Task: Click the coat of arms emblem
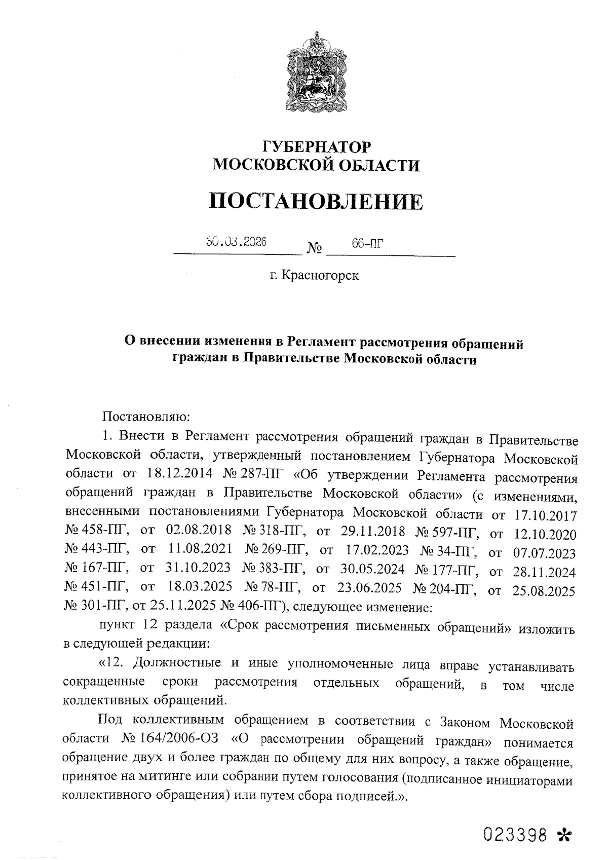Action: click(317, 71)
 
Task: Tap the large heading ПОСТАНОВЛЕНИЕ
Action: click(316, 201)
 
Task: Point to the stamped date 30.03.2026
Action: click(236, 242)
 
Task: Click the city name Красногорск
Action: click(320, 276)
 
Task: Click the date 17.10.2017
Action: click(545, 516)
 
